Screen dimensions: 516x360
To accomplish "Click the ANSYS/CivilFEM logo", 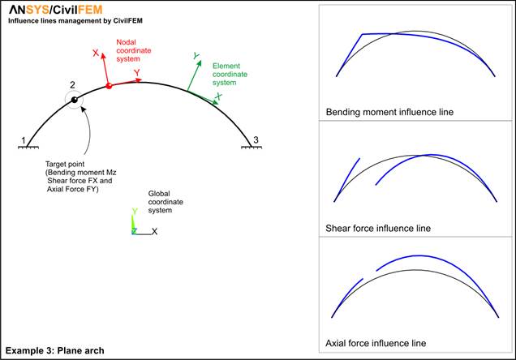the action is (x=56, y=10).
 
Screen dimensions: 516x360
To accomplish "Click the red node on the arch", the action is (x=109, y=86).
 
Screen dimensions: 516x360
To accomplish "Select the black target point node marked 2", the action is (x=75, y=99).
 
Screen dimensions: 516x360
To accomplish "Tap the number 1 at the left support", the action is (x=24, y=141).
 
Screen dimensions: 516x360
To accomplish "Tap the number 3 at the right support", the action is (x=256, y=140).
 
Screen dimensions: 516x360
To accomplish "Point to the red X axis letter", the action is (x=96, y=53).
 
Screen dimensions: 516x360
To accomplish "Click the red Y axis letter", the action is (x=137, y=73).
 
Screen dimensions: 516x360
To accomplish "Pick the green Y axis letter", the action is (x=196, y=56).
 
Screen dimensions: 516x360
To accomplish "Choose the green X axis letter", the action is (x=218, y=96).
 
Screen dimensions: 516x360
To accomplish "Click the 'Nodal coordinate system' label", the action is (x=134, y=50).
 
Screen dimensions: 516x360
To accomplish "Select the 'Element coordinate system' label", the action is (x=230, y=75).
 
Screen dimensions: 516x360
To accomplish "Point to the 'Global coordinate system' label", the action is (x=166, y=202).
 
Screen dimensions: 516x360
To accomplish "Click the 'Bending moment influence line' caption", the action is (x=389, y=113).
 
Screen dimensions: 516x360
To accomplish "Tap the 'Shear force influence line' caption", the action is (x=378, y=228).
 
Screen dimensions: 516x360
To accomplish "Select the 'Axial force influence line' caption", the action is (x=376, y=343).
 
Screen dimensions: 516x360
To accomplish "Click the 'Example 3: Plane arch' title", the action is (x=54, y=351).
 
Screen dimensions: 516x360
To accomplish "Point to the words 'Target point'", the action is (x=65, y=164).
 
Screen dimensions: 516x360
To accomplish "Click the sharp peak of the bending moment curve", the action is (x=363, y=34).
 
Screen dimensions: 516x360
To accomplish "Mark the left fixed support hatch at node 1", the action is (x=28, y=148).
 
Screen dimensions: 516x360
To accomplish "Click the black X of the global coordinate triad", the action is (x=154, y=231).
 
